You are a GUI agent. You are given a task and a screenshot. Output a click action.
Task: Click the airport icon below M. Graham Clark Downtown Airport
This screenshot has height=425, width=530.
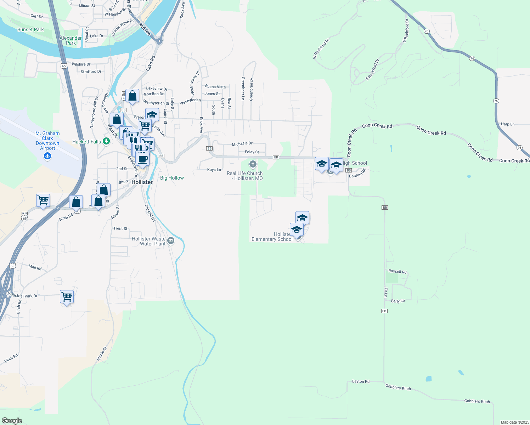point(48,156)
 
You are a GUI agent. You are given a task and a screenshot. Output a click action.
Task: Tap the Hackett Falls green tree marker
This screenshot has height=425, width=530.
point(106,141)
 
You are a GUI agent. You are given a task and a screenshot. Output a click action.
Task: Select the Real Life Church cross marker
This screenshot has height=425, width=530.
point(253,164)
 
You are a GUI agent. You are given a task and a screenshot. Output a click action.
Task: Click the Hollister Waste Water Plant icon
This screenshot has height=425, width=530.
point(171,241)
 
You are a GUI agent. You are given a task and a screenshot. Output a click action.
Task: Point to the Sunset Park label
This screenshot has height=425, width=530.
point(30,30)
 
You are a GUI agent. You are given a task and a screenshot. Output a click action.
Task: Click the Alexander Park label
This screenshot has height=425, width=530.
point(71,40)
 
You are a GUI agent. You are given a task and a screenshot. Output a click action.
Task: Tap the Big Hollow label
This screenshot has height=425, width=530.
point(172,178)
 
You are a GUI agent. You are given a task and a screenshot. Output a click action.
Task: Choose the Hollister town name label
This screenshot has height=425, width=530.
point(142,182)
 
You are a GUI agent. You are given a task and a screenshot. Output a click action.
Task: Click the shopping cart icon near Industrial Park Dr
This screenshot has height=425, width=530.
point(67,296)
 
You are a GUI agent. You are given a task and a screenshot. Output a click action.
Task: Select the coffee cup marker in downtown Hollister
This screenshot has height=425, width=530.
point(143,159)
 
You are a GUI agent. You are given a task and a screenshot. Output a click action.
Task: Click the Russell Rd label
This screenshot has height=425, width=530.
point(397,272)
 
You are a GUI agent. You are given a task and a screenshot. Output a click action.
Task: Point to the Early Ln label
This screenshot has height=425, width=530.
point(398,301)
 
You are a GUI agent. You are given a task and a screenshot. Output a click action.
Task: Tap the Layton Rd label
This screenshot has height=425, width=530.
point(361,381)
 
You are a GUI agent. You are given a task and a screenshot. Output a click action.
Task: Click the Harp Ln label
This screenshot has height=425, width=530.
point(508,124)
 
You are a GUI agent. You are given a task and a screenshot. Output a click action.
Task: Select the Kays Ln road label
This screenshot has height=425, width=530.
point(214,170)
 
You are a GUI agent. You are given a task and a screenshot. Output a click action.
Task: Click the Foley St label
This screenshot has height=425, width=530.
point(252,152)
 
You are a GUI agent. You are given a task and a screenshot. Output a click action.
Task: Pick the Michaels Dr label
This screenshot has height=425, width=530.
point(242,144)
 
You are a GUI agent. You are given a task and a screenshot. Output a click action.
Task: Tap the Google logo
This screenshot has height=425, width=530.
point(12,420)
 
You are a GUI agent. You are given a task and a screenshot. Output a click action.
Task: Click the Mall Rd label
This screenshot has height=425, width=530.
point(35,267)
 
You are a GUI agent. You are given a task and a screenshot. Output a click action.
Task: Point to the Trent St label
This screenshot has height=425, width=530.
point(120,228)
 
